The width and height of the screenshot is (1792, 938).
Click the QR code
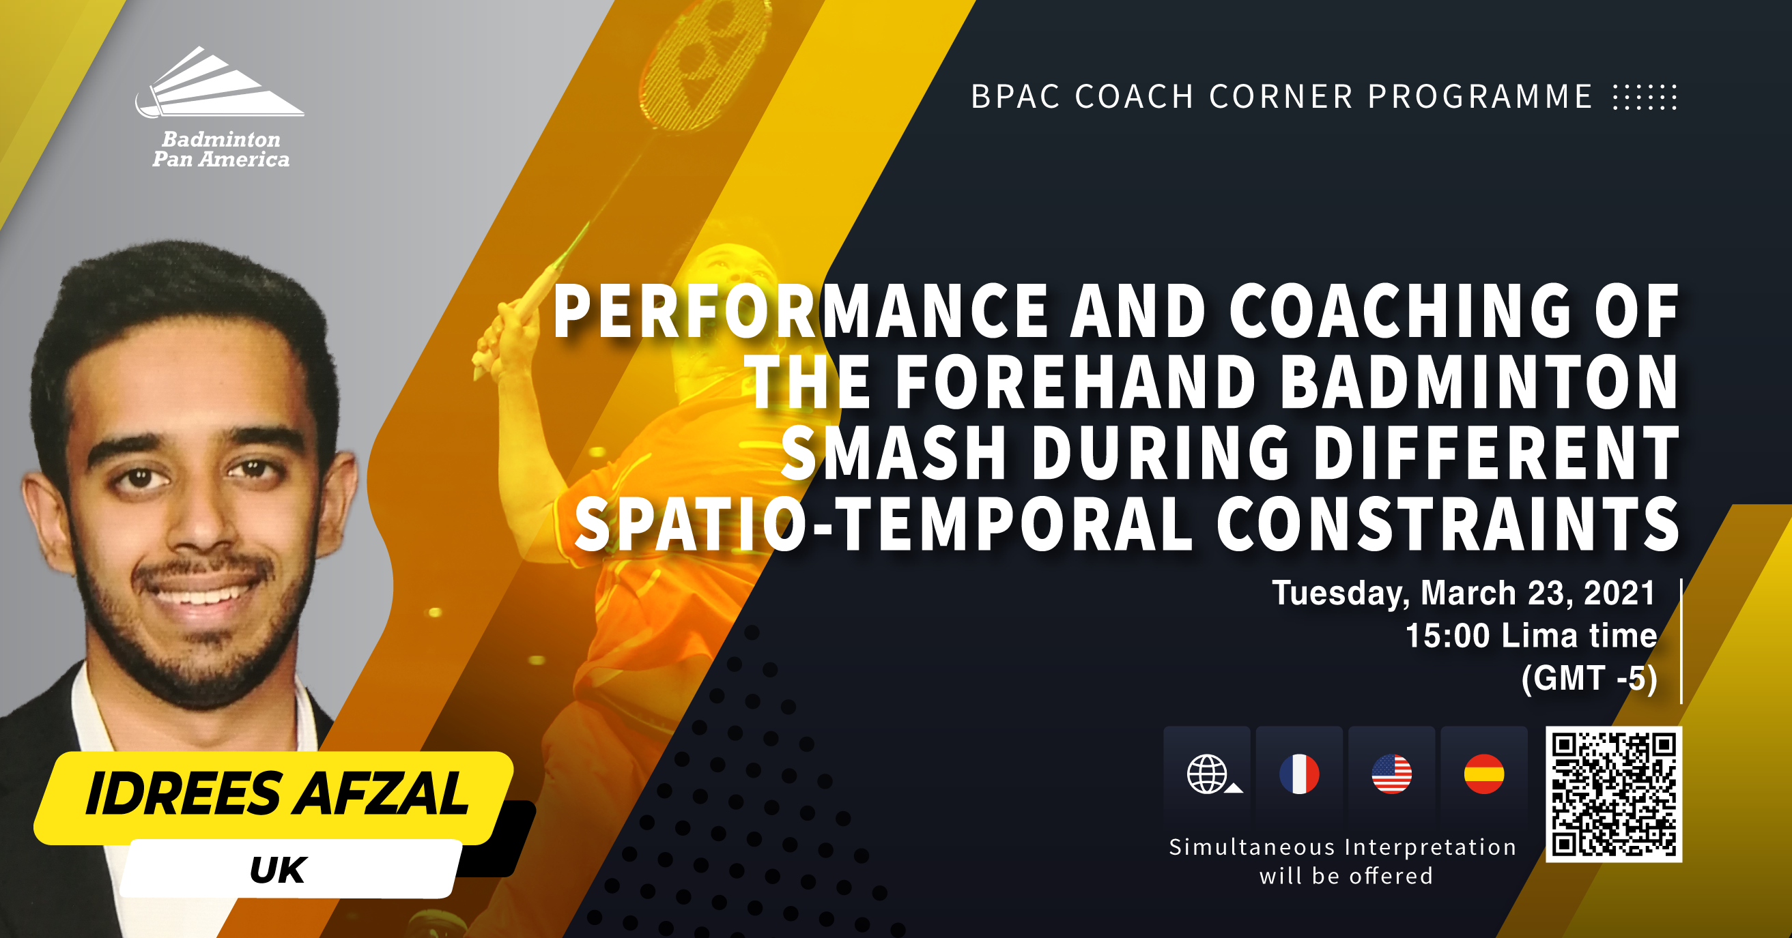[x=1613, y=794]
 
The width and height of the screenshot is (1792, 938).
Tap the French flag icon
[x=1299, y=774]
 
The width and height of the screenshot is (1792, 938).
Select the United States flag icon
[x=1391, y=774]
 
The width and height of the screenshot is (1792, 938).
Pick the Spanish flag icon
[x=1484, y=774]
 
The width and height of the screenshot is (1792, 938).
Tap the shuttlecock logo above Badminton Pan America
[x=219, y=81]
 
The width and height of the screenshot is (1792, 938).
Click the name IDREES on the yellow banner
[x=183, y=793]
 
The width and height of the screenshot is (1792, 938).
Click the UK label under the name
[x=278, y=870]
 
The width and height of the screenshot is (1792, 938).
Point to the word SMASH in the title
[x=894, y=453]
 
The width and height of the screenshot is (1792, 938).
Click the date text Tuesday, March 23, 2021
[x=1464, y=593]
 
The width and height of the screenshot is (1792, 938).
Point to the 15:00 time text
[x=1448, y=636]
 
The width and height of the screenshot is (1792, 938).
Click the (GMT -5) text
[x=1589, y=678]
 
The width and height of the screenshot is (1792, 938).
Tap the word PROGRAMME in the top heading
[x=1479, y=97]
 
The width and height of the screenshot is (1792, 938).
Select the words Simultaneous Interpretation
[x=1343, y=847]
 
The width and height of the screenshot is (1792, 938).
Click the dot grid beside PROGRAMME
[x=1645, y=98]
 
